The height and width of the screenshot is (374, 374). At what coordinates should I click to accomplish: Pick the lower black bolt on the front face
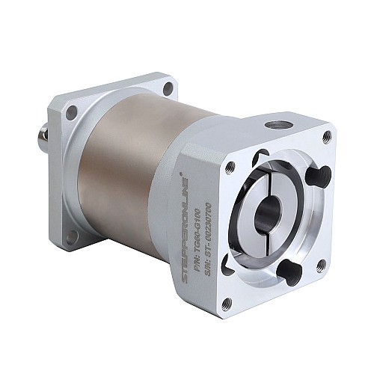pos(289,271)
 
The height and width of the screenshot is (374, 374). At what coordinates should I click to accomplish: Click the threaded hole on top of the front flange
pos(278,123)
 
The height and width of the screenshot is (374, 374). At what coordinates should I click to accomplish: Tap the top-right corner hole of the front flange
pos(327,136)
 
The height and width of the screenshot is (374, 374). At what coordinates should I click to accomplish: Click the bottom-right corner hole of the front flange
pos(322,264)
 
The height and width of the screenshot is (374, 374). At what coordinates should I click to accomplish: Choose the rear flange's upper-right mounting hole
pos(168,88)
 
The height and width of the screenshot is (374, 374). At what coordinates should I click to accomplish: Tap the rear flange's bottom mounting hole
pos(72,238)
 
